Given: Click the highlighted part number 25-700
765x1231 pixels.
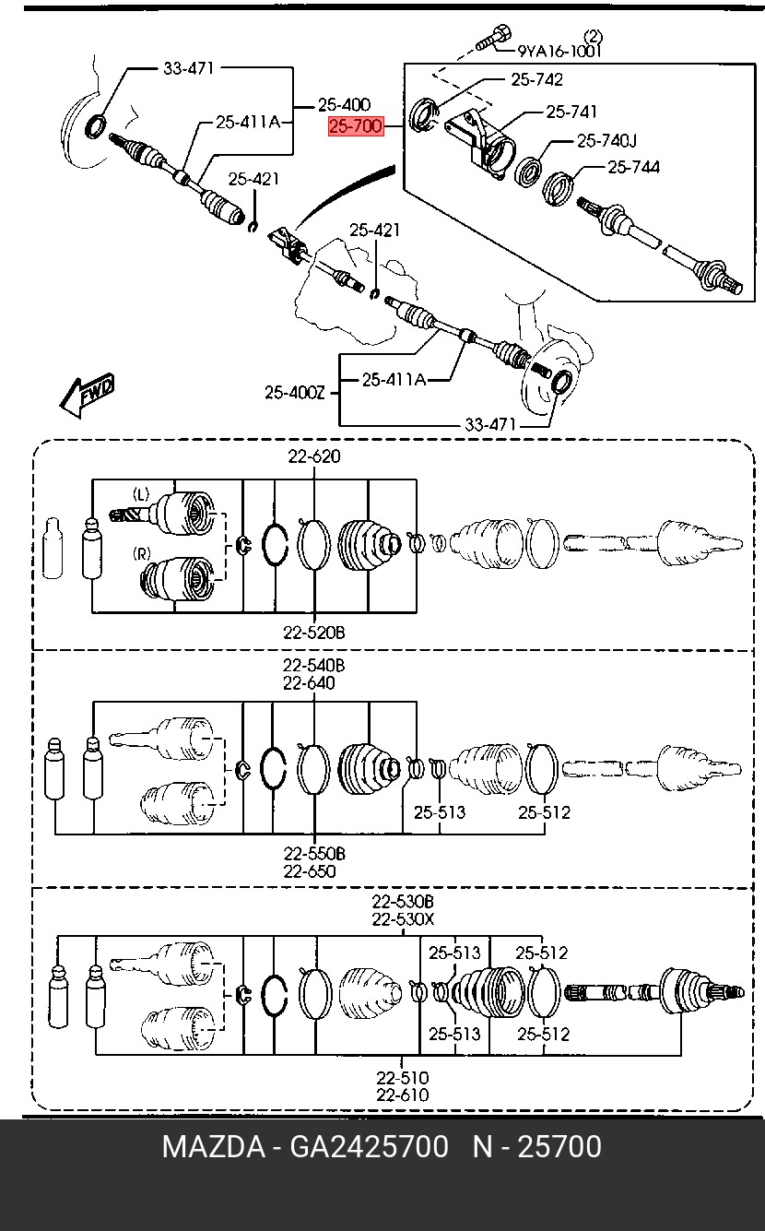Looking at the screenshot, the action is point(356,127).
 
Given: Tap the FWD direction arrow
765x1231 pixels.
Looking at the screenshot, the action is point(88,395).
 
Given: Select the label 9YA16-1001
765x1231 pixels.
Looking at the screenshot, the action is point(559,51).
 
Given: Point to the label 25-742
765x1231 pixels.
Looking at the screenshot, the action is point(536,79).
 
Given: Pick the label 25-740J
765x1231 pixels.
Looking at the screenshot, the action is point(606,141).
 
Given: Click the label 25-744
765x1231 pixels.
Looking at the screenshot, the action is point(633,167).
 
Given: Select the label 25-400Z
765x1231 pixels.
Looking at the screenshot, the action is point(295,393).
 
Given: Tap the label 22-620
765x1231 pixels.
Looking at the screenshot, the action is point(314,456).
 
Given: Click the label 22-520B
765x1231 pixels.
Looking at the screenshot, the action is point(314,633).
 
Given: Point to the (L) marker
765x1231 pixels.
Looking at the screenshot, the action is point(141,494).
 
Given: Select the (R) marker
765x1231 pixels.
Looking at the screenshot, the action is point(142,553).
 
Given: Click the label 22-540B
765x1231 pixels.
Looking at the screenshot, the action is point(314,666).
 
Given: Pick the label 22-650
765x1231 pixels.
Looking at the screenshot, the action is point(309,871).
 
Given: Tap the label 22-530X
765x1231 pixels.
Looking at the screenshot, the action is point(403,918).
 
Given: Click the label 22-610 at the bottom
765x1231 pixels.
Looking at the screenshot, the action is point(403,1095).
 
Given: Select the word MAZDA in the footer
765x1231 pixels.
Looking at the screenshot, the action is point(214,1148).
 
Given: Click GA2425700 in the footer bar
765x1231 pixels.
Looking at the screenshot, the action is point(369,1148).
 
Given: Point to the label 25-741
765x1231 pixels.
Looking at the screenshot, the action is point(571,112).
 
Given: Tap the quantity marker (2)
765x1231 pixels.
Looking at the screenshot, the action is point(594,37).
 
